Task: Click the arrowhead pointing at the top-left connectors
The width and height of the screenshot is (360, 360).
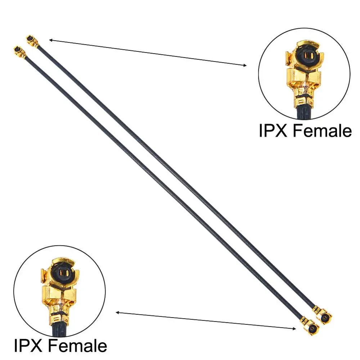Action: click(51, 40)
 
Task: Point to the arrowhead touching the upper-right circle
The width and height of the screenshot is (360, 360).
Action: click(245, 65)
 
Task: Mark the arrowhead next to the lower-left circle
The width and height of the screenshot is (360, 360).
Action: click(118, 312)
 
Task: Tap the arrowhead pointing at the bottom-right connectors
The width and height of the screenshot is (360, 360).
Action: click(293, 328)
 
